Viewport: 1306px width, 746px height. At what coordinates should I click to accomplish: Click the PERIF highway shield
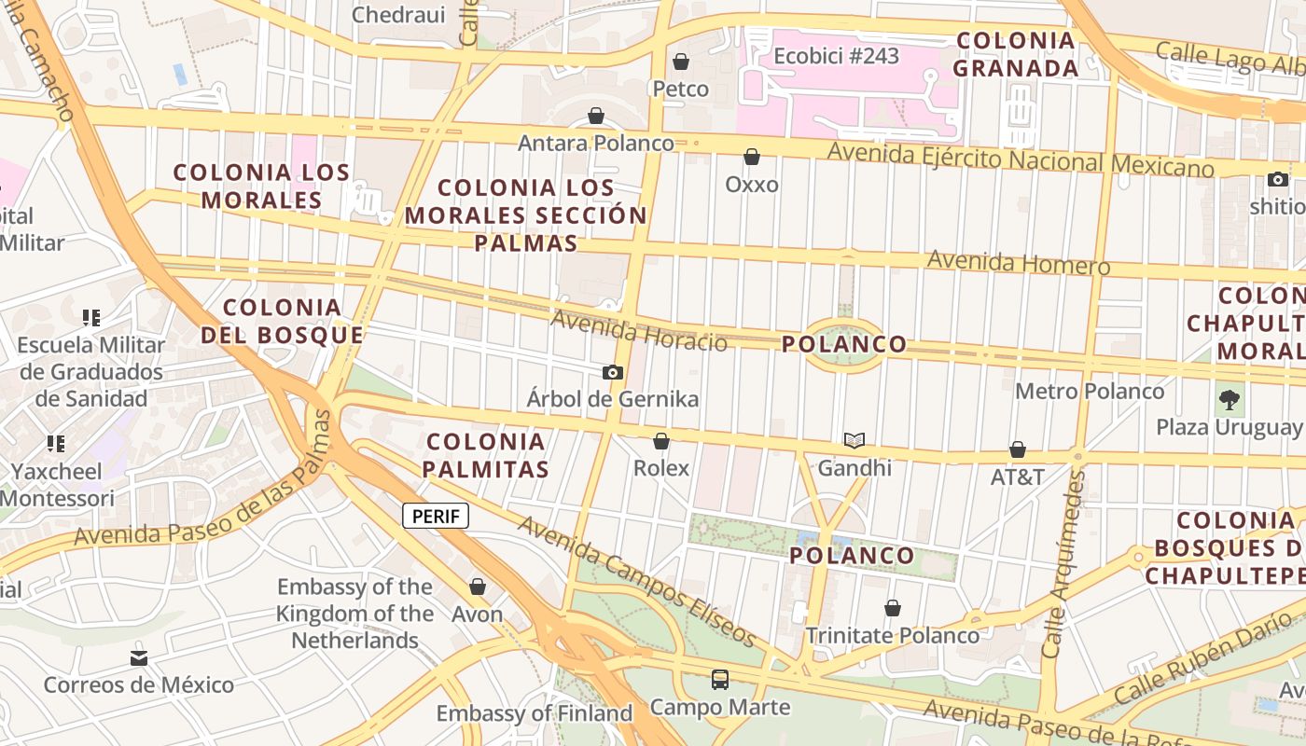436,516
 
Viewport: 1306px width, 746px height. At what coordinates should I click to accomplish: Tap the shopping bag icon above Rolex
661,441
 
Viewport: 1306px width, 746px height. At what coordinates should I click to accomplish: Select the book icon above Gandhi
854,440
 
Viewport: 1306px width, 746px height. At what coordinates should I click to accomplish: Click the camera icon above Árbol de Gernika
613,373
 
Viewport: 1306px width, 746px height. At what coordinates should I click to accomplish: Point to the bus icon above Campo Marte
720,680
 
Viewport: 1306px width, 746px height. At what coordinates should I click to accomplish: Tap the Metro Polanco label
1090,391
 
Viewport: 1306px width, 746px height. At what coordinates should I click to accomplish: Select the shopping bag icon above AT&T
1018,450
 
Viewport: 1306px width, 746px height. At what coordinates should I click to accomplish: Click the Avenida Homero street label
1019,262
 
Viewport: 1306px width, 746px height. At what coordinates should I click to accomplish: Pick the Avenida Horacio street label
639,330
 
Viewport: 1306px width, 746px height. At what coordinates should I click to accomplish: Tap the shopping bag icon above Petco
681,62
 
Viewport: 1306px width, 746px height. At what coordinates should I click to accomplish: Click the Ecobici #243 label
837,56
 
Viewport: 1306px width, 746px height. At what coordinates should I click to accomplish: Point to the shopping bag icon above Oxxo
752,158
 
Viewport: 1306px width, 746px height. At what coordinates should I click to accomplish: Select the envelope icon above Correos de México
139,658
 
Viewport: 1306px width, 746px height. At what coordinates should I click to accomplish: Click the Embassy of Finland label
535,713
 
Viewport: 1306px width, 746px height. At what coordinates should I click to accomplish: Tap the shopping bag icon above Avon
478,587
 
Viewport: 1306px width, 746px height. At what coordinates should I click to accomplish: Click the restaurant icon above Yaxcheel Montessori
56,444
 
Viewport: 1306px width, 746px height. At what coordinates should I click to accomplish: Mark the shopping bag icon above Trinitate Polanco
893,609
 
